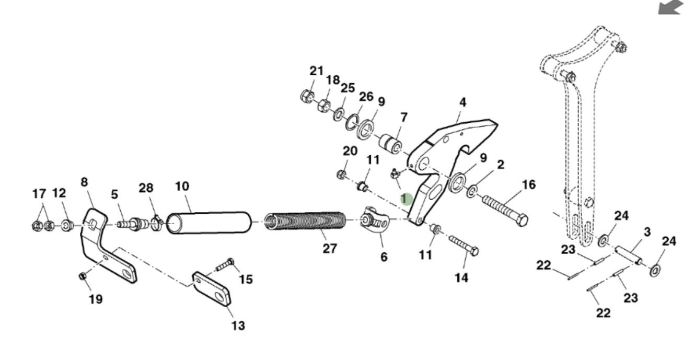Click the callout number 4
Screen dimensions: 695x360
pos(462,102)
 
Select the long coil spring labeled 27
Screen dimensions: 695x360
pos(305,221)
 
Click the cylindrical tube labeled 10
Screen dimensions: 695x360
pos(209,222)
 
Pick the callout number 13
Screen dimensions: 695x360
pos(238,326)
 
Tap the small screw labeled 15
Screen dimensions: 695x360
pos(225,265)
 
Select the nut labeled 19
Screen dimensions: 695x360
pos(83,276)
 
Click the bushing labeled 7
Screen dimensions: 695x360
pos(390,144)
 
